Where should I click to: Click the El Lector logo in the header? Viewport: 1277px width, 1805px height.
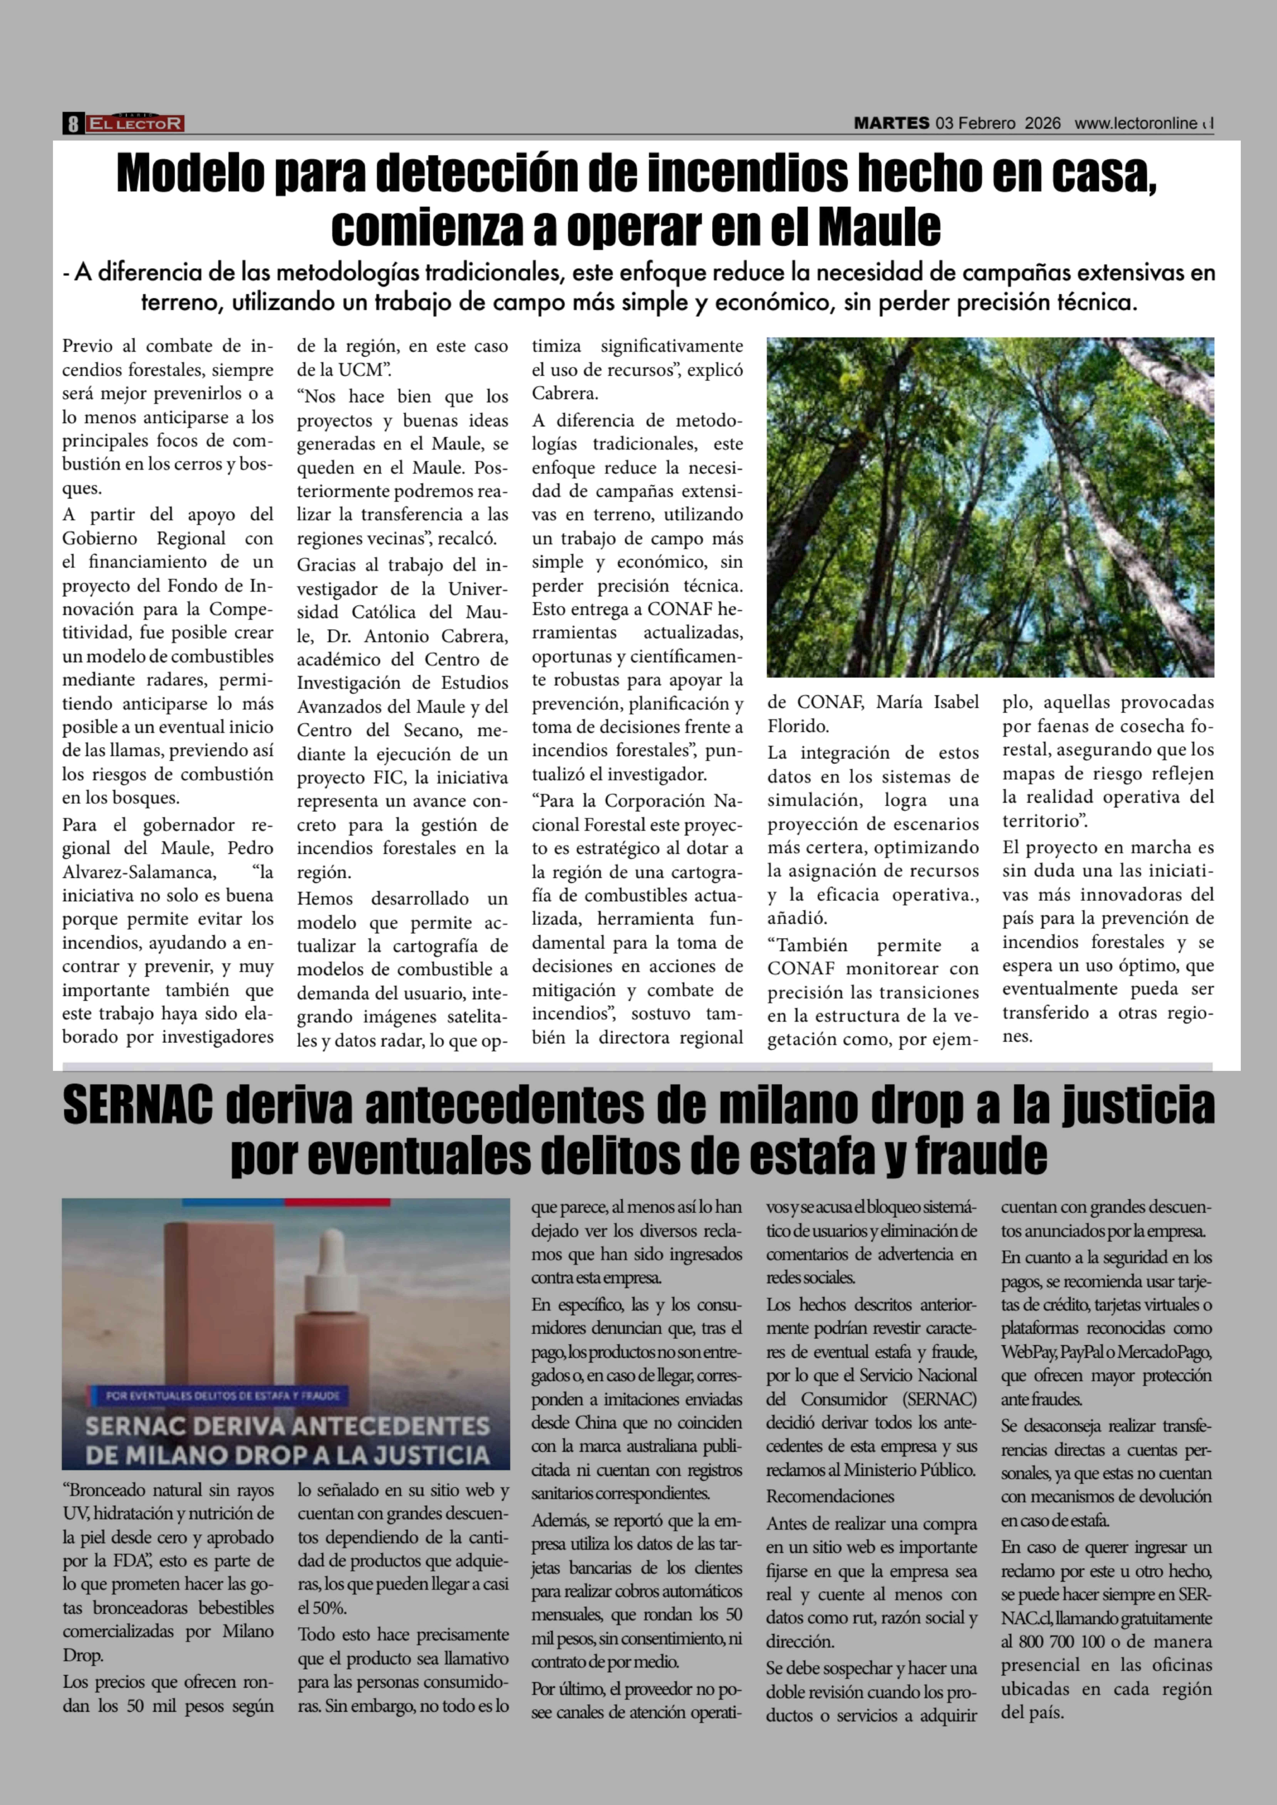(135, 123)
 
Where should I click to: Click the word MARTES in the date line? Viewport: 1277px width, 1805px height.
(891, 123)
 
